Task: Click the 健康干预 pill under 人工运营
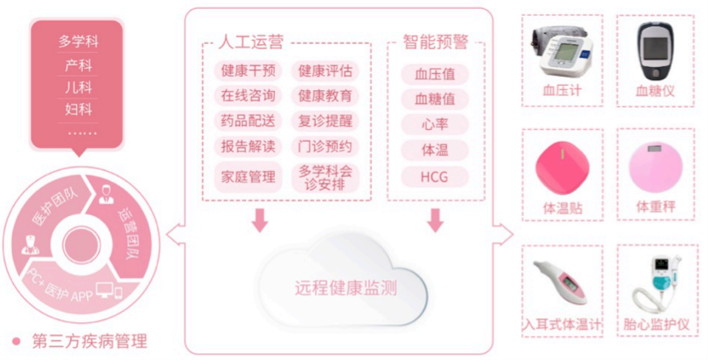(x=249, y=70)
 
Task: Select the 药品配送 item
(x=249, y=121)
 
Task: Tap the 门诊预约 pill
(x=325, y=146)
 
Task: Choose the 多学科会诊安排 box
(x=325, y=177)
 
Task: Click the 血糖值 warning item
(x=435, y=99)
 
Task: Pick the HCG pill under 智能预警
(x=435, y=176)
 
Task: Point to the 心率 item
(x=435, y=124)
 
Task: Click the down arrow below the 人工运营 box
(x=260, y=219)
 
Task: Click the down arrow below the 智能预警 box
(x=435, y=219)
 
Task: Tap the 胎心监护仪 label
(x=656, y=325)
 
